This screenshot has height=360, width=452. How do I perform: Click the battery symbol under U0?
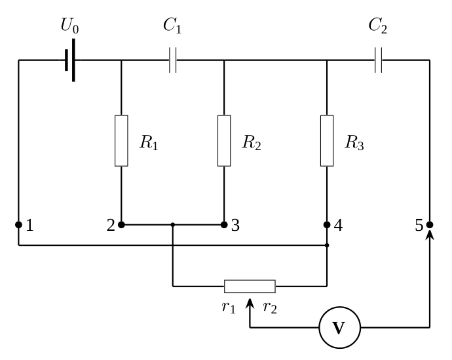(70, 60)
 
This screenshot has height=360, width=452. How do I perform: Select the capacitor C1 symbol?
(173, 60)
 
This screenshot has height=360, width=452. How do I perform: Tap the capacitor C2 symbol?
(379, 60)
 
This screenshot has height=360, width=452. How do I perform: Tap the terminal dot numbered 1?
(18, 224)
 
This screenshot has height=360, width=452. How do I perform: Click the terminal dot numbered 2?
(121, 224)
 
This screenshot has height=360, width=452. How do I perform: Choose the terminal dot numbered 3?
(224, 224)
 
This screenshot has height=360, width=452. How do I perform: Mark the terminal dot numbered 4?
(327, 224)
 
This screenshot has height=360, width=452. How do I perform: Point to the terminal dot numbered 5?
(430, 224)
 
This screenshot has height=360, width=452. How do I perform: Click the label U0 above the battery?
(69, 26)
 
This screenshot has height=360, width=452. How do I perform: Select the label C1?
(172, 26)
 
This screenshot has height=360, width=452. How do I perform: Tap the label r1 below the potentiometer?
(229, 308)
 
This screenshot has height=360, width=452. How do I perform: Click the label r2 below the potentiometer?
(270, 308)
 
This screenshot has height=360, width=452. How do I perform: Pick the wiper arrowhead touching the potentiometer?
(250, 304)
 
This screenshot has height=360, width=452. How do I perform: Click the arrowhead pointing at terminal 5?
(430, 235)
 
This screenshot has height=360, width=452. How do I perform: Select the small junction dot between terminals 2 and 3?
(173, 224)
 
